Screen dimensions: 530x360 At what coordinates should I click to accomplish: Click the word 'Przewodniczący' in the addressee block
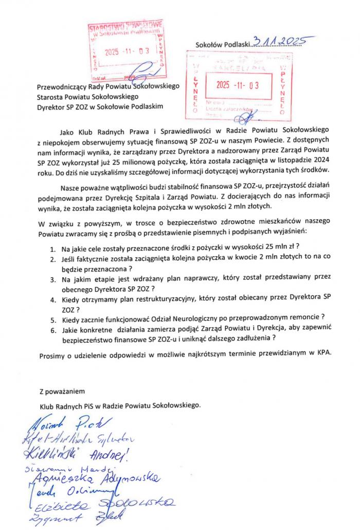(62, 86)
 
